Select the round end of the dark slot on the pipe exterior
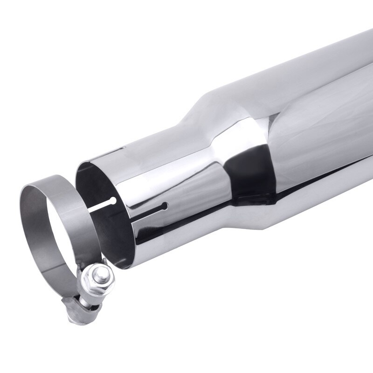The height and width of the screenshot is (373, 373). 164,206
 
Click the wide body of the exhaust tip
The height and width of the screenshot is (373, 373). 303,117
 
